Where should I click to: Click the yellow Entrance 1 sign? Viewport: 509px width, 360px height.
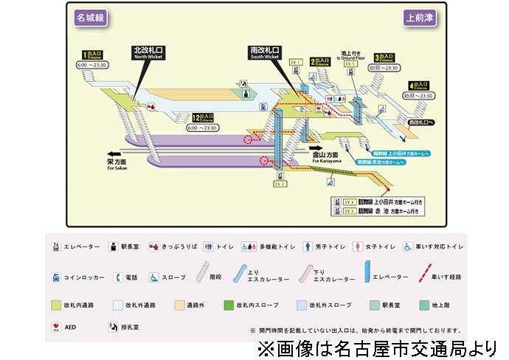point(93,55)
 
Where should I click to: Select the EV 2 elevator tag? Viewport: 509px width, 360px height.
point(280,184)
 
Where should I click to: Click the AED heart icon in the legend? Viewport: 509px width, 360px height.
point(55,325)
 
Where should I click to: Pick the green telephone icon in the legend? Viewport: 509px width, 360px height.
point(117,277)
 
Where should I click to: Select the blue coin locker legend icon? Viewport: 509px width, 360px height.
point(55,277)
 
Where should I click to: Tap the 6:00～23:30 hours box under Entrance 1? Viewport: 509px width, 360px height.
point(93,65)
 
